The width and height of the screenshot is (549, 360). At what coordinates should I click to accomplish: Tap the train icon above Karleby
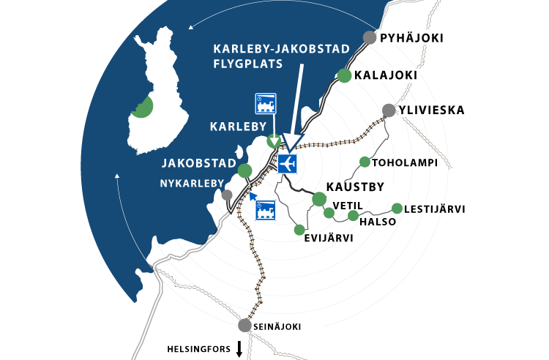(x=265, y=105)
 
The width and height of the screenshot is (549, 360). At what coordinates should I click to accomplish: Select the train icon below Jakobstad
(x=265, y=211)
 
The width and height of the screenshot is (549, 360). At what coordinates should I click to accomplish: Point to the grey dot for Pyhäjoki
(x=370, y=38)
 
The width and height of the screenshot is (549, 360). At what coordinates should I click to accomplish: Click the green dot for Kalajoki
(x=344, y=75)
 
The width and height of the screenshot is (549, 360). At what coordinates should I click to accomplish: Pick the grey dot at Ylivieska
(x=389, y=110)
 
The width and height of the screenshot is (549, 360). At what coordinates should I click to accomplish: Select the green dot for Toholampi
(x=365, y=162)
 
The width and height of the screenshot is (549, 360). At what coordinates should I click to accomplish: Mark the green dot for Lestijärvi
(x=397, y=209)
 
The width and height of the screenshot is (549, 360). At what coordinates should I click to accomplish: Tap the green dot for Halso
(x=353, y=215)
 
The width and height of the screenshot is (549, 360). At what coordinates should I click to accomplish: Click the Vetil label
(x=348, y=205)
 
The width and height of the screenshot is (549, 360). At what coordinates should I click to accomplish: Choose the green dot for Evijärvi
(x=299, y=230)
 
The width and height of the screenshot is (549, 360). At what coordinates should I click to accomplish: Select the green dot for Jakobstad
(x=244, y=171)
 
